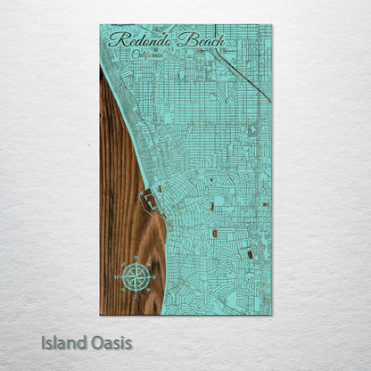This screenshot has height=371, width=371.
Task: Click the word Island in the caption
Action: pyautogui.click(x=62, y=342)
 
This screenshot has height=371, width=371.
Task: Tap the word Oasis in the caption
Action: pyautogui.click(x=111, y=342)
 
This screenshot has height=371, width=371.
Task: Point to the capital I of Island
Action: pyautogui.click(x=44, y=342)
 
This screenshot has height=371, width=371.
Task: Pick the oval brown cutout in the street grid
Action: pyautogui.click(x=214, y=234)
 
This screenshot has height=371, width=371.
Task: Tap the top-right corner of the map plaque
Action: pyautogui.click(x=271, y=26)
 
